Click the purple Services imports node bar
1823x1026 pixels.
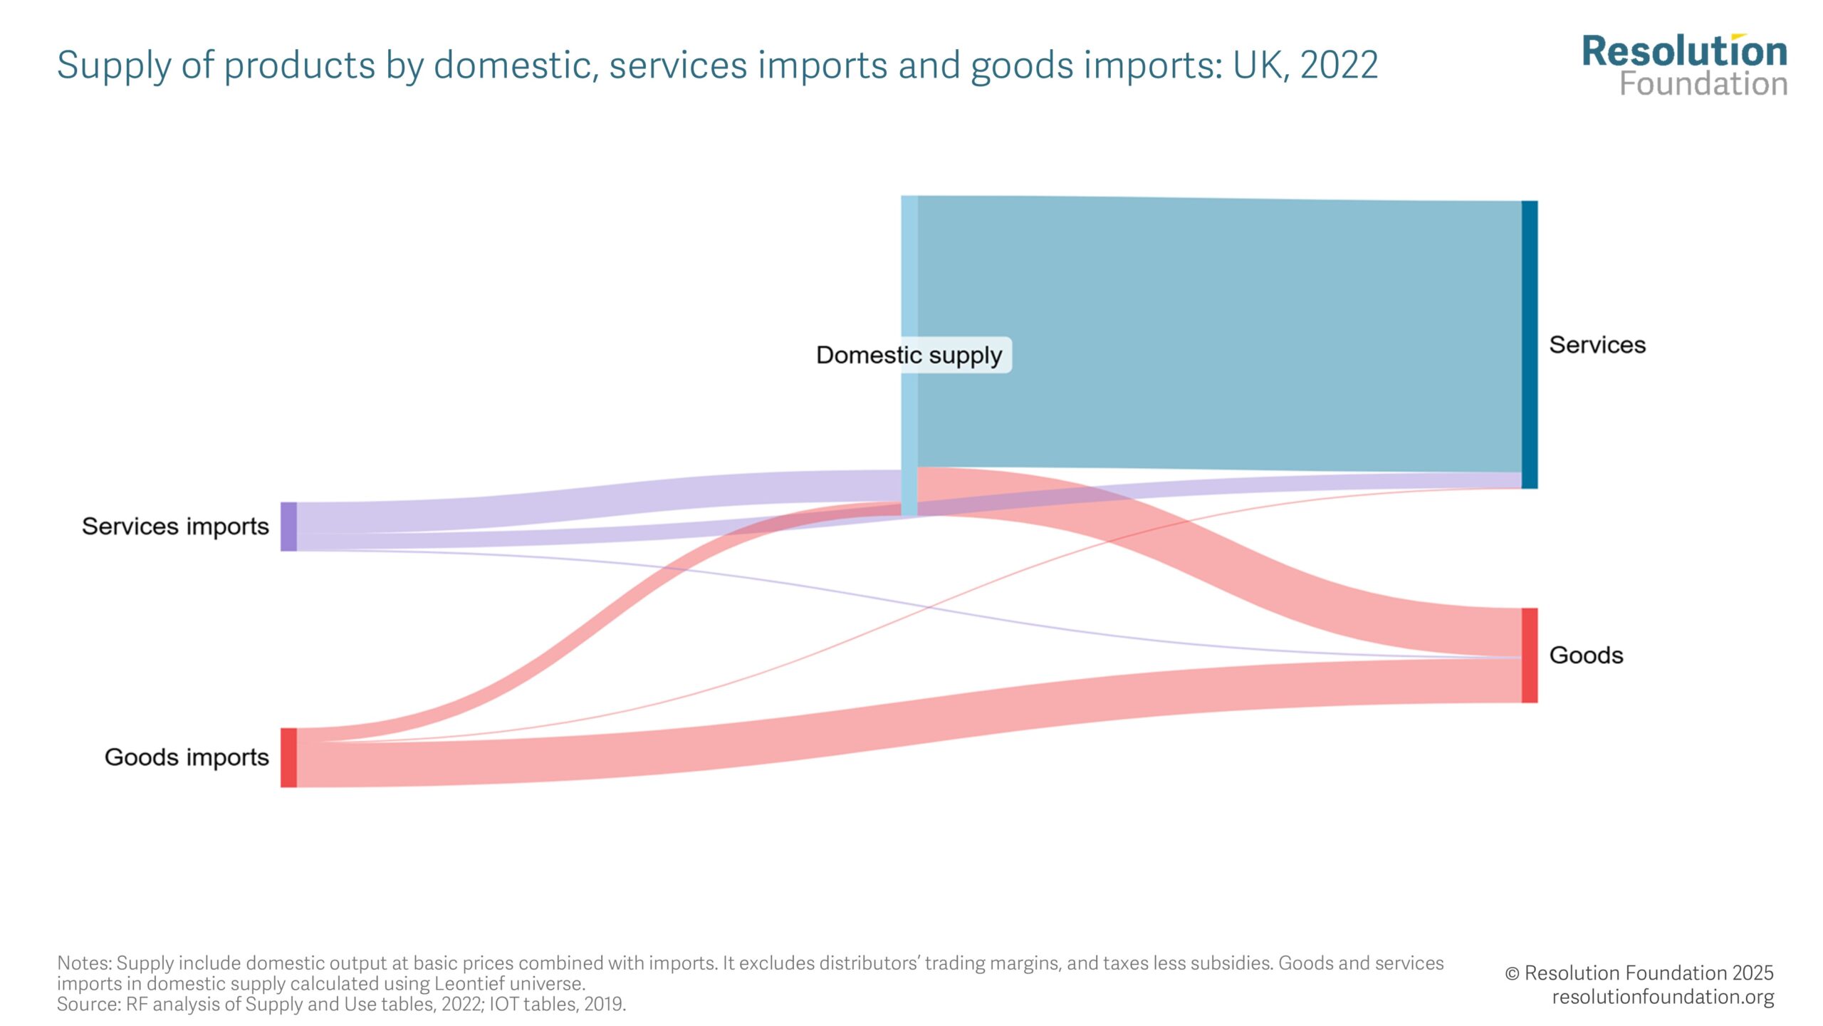point(288,527)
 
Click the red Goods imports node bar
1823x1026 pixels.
point(288,757)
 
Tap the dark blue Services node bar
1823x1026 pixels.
point(1529,344)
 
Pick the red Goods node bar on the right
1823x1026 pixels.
point(1529,655)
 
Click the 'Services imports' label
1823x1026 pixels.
point(175,527)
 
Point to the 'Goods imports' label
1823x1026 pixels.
point(187,757)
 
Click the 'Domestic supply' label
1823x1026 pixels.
point(909,355)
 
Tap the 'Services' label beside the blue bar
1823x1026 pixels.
point(1597,345)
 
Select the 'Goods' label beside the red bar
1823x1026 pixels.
point(1586,655)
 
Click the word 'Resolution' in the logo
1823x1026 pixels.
point(1684,53)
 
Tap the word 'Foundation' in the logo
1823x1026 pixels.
point(1703,85)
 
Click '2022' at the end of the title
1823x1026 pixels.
point(1339,65)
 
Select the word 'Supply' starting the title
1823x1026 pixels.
point(113,66)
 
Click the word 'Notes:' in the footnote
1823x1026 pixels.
point(85,963)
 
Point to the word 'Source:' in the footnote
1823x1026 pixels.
point(89,1005)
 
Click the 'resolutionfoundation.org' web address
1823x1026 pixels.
point(1663,997)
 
